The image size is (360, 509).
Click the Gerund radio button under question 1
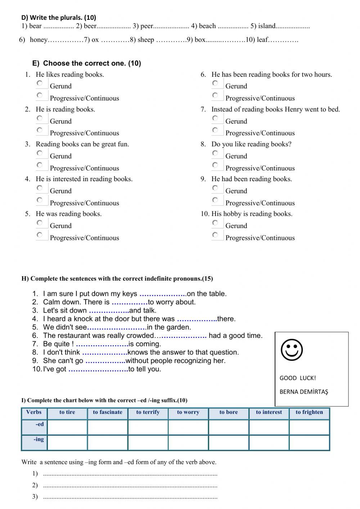pyautogui.click(x=40, y=83)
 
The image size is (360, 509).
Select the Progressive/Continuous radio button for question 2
pyautogui.click(x=40, y=130)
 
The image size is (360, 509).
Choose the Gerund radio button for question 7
pyautogui.click(x=215, y=118)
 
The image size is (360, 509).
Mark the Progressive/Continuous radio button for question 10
pyautogui.click(x=215, y=235)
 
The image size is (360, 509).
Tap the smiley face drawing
pyautogui.click(x=292, y=350)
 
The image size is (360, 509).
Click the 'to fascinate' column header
pyautogui.click(x=108, y=412)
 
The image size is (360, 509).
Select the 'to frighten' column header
pyautogui.click(x=309, y=412)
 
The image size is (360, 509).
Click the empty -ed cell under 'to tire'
pyautogui.click(x=67, y=428)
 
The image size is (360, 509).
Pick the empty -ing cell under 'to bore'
pyautogui.click(x=229, y=443)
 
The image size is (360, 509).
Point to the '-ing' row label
pyautogui.click(x=39, y=439)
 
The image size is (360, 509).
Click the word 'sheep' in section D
pyautogui.click(x=146, y=40)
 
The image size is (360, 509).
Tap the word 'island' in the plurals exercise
pyautogui.click(x=266, y=26)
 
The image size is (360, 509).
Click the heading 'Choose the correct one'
pyautogui.click(x=92, y=63)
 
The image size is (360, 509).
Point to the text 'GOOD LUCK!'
pyautogui.click(x=298, y=378)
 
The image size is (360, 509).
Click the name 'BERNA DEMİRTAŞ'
pyautogui.click(x=304, y=392)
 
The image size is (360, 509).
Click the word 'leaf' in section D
pyautogui.click(x=263, y=40)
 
